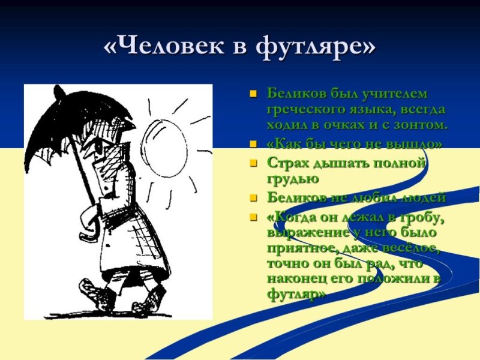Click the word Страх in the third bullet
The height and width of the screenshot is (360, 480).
[286, 163]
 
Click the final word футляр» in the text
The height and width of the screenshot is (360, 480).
[296, 295]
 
